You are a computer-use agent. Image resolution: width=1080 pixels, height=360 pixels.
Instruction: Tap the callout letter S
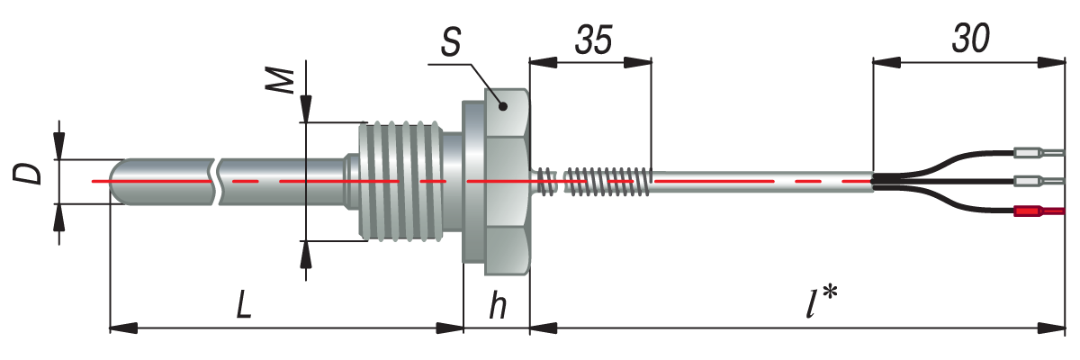click(453, 42)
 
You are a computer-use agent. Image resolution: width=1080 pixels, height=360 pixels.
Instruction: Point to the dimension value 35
click(593, 40)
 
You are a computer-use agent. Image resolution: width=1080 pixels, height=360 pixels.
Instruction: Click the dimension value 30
click(969, 39)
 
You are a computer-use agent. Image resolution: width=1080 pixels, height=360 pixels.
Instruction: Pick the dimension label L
click(243, 307)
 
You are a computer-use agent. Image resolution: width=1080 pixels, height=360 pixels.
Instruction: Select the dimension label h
click(497, 307)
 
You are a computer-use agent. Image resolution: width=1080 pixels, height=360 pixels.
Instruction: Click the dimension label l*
click(821, 305)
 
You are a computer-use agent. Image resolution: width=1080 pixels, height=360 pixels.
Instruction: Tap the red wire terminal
click(1038, 211)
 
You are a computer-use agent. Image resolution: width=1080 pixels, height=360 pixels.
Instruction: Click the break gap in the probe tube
click(217, 181)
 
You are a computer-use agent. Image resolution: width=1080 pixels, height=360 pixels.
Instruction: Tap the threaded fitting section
click(400, 181)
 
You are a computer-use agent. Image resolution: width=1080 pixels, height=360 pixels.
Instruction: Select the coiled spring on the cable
click(605, 181)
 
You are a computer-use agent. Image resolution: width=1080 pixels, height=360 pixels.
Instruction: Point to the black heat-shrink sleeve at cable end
click(886, 181)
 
